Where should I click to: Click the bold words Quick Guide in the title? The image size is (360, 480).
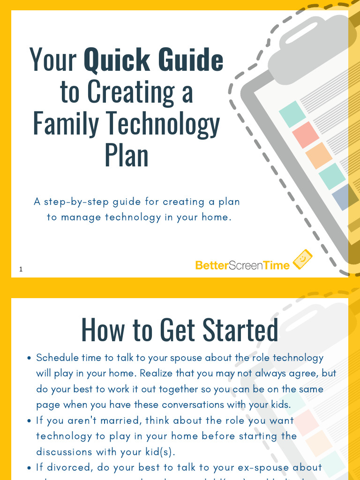point(153,60)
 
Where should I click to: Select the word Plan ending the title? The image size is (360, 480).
point(127,155)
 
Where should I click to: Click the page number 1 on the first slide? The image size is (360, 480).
point(21,269)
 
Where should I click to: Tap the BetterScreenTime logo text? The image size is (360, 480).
point(242,265)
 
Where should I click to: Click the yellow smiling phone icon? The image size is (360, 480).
point(302,259)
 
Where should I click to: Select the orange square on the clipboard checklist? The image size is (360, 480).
point(319,155)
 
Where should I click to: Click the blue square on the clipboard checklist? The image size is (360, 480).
point(341,196)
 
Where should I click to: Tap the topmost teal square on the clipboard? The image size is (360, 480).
point(292,114)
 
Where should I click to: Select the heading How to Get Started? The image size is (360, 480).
point(180,330)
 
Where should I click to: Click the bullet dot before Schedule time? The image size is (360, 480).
point(29,358)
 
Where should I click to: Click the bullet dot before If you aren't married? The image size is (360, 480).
point(29,421)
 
